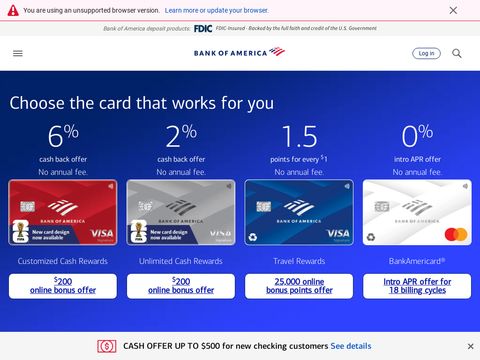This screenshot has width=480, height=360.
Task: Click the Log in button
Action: (426, 53)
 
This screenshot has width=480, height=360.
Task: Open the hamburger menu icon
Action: (18, 53)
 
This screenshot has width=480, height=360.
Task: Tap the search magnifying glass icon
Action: (457, 53)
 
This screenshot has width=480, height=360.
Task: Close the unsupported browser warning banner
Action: (453, 10)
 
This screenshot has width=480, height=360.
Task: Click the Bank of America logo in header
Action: (239, 52)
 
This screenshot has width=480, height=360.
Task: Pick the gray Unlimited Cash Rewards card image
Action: (181, 213)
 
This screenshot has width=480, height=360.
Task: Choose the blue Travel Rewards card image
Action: (299, 213)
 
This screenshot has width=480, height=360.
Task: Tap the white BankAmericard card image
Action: (417, 213)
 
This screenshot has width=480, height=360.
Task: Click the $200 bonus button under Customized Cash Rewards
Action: (63, 286)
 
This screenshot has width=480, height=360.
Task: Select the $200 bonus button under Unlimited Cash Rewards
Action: (181, 286)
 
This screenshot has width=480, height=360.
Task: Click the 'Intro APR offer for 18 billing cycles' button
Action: (417, 286)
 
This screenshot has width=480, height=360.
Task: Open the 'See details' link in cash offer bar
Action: (351, 346)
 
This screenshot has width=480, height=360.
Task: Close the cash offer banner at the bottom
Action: (465, 346)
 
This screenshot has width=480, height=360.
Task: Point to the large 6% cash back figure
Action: (63, 137)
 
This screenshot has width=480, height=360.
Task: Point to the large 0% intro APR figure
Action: (417, 137)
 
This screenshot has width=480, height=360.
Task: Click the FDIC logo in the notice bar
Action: (203, 28)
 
